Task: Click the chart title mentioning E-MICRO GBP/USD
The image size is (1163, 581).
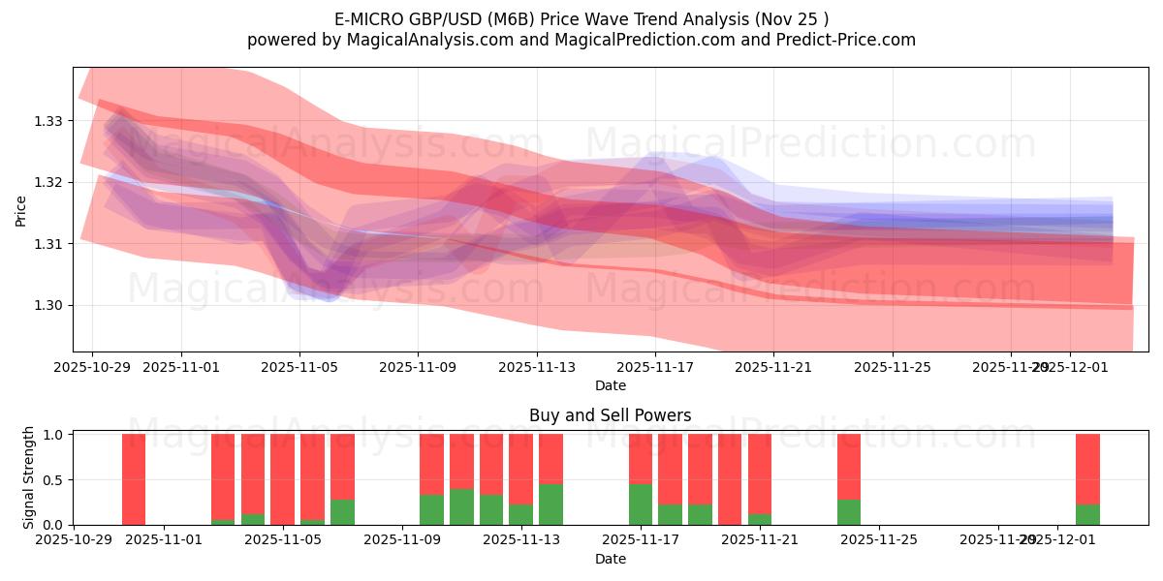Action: point(581,18)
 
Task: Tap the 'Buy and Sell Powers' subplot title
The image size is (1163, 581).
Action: point(610,415)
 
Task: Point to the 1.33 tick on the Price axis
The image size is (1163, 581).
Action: point(48,121)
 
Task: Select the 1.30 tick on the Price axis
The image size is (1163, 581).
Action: point(48,305)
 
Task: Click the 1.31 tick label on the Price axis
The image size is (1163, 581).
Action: point(48,244)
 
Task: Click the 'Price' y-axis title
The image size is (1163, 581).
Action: point(21,210)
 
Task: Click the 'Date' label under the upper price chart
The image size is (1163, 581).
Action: point(610,385)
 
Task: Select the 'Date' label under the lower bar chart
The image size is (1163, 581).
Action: point(610,559)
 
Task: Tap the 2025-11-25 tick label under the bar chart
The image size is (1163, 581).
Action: point(878,540)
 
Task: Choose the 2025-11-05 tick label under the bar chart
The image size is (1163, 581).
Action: point(283,540)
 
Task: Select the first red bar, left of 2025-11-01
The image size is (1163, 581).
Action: point(134,474)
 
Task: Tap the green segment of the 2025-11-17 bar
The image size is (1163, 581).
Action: point(641,505)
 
